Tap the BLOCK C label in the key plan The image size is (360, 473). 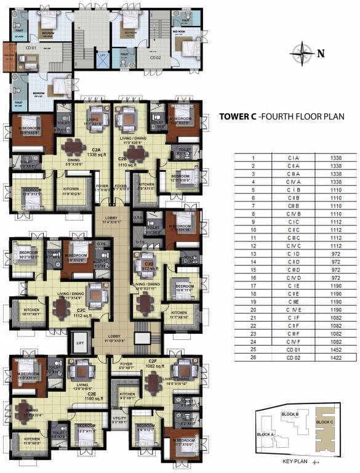[324, 422]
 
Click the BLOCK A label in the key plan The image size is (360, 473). [265, 434]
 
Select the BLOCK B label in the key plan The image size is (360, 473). [289, 414]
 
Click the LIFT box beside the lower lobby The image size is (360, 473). [79, 342]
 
